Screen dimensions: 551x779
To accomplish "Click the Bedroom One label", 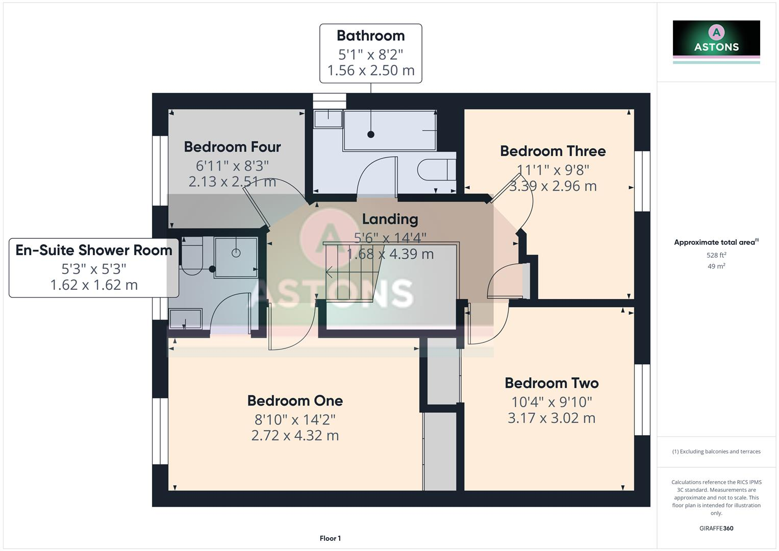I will (x=295, y=400).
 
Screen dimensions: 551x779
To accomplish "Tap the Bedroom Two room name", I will (x=551, y=383).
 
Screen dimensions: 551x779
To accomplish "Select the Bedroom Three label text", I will (x=552, y=151).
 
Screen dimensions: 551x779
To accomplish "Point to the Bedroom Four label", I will (x=232, y=147).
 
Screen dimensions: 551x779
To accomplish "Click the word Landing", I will (x=390, y=219).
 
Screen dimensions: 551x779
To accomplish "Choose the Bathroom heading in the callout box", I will (x=370, y=36).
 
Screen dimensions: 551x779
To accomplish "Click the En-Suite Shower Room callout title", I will (x=94, y=250).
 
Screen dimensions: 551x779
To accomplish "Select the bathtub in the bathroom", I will (x=390, y=131).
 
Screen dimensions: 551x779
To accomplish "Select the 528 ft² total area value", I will (x=716, y=255).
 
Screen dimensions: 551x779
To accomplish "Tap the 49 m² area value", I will (x=716, y=266).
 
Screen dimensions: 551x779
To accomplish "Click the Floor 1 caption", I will (x=330, y=538).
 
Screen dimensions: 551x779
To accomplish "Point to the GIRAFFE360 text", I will (x=716, y=528).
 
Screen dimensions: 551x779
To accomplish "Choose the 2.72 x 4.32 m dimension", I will (x=295, y=436).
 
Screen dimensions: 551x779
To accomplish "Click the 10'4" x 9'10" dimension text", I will (x=551, y=402).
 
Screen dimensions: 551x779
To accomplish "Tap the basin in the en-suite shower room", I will (x=185, y=320).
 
